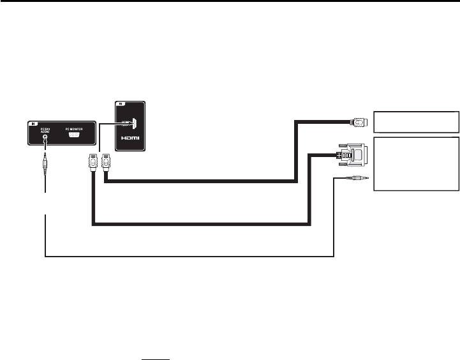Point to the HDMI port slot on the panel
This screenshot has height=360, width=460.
(135, 121)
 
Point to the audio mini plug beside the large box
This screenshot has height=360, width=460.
(352, 181)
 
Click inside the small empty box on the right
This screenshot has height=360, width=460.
(416, 121)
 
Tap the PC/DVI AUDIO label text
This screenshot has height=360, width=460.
(45, 130)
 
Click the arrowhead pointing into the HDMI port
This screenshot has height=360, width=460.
(133, 121)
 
